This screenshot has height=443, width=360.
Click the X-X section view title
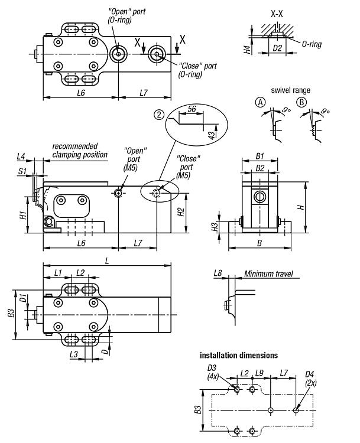(277, 14)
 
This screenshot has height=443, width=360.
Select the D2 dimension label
(277, 48)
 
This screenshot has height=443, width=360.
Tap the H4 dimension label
(248, 50)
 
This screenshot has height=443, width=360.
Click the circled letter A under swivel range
(261, 102)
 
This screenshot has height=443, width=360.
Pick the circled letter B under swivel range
(301, 102)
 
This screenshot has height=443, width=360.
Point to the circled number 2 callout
(159, 115)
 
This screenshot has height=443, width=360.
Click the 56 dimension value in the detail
(192, 109)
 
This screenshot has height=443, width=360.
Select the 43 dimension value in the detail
(212, 135)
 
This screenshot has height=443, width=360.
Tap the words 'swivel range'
(290, 90)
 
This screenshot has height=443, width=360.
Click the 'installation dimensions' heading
(239, 355)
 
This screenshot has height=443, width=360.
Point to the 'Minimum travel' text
(268, 273)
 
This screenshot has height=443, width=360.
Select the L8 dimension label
(218, 273)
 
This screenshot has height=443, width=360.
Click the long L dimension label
(107, 260)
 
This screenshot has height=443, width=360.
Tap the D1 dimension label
(23, 298)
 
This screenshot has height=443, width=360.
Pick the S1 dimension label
(22, 171)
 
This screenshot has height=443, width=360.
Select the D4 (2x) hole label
(310, 379)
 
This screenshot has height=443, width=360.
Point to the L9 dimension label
(259, 373)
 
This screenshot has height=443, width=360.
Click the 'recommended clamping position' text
(80, 150)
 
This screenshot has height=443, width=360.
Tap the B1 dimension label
(260, 156)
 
